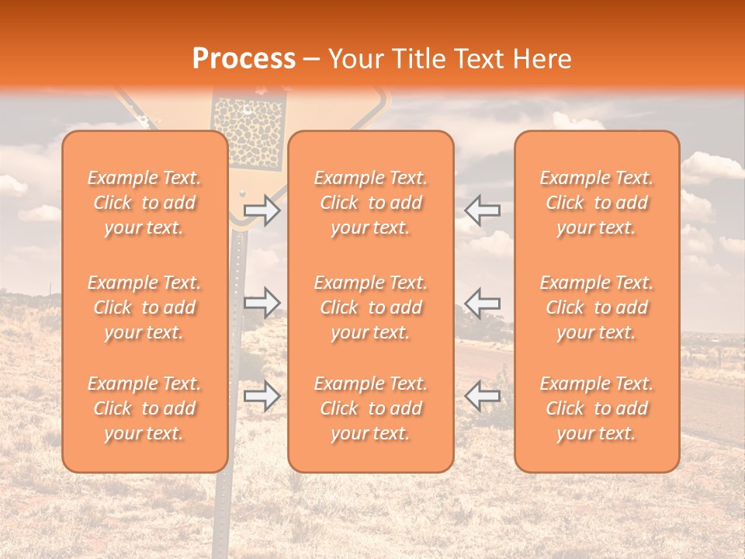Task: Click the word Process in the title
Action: point(244,59)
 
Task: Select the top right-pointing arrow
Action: point(262,210)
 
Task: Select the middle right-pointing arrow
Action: point(262,303)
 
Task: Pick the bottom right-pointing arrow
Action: point(262,396)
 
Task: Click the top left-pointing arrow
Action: point(483,210)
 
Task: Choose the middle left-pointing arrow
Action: point(483,303)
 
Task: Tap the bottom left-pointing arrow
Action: point(483,396)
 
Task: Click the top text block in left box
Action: point(144,203)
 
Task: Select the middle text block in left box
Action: point(144,307)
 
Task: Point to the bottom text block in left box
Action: point(144,408)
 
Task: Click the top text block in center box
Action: point(371,203)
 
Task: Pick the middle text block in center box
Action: point(371,307)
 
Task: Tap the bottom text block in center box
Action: point(371,408)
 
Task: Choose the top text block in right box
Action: point(597,203)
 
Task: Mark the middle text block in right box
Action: point(597,307)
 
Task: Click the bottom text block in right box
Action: point(597,408)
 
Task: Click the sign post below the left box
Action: point(223,512)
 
